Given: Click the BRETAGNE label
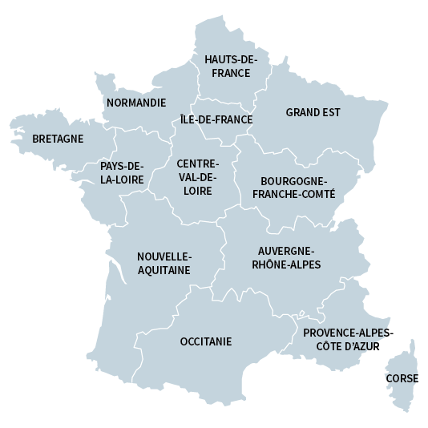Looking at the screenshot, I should tap(58, 139).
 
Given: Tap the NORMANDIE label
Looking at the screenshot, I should tap(136, 103).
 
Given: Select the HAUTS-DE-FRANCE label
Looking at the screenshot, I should tap(230, 66).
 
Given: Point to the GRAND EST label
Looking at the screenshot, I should tap(313, 112).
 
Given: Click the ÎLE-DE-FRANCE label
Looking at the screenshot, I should tap(216, 120).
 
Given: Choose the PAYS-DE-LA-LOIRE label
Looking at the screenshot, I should tap(122, 173).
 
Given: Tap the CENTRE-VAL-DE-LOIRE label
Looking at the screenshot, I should tap(196, 177).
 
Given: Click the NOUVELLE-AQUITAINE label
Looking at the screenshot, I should tap(164, 263).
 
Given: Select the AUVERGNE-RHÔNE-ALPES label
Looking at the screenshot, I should tap(286, 257).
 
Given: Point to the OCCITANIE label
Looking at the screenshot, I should tap(206, 341).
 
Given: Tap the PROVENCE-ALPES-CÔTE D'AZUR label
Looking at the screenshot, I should tap(348, 339).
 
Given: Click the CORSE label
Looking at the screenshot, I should tap(402, 378).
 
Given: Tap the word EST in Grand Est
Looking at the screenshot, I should tap(329, 112).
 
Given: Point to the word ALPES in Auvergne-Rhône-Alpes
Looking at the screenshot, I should tap(305, 264).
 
